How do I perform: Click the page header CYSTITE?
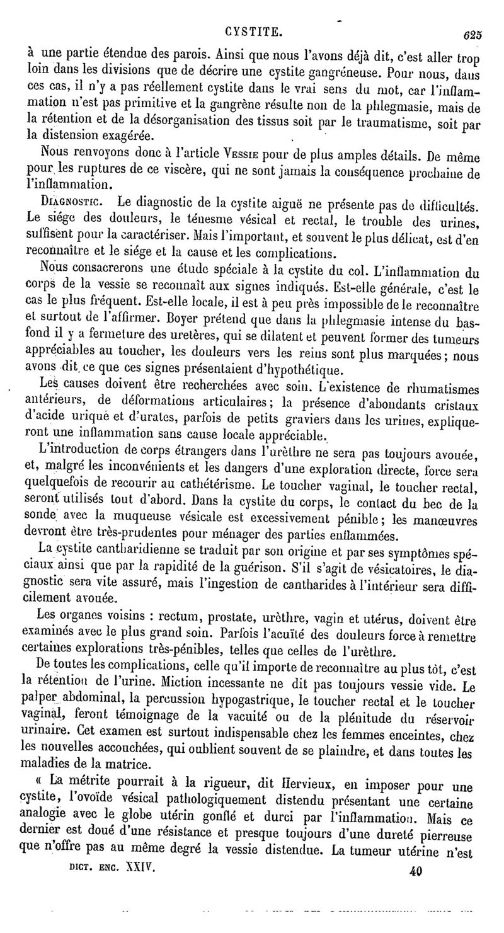(255, 30)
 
